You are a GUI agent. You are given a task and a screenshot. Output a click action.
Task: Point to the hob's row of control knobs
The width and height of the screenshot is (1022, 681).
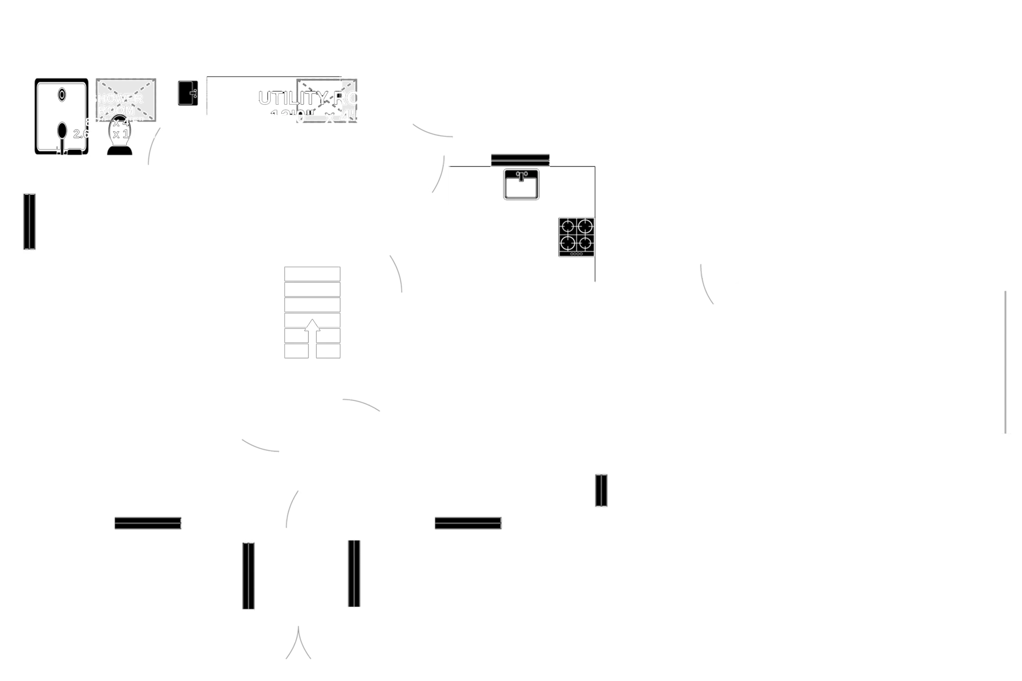[x=576, y=254]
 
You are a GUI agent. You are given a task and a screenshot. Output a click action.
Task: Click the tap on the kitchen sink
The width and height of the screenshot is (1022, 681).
[x=521, y=175]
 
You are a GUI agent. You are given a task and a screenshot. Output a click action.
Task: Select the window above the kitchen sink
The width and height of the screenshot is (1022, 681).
[x=520, y=159]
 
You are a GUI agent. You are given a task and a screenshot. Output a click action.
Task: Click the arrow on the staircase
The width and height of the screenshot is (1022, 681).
[x=312, y=330]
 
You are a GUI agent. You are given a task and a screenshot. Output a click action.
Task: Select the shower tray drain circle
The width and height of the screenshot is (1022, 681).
[x=62, y=94]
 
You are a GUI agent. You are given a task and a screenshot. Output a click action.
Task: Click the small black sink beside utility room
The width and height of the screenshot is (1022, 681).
[x=188, y=93]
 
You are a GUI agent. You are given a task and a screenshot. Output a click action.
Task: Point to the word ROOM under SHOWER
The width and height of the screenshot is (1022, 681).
[x=116, y=110]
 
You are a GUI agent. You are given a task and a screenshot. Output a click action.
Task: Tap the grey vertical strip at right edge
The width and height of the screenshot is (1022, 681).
[x=1012, y=363]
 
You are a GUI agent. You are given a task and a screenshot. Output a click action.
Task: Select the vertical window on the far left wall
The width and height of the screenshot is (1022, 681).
[x=30, y=221]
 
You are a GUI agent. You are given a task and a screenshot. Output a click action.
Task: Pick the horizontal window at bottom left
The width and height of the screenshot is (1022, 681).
[x=148, y=524]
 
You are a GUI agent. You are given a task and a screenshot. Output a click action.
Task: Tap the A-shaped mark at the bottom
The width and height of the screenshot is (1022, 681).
[x=298, y=643]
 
